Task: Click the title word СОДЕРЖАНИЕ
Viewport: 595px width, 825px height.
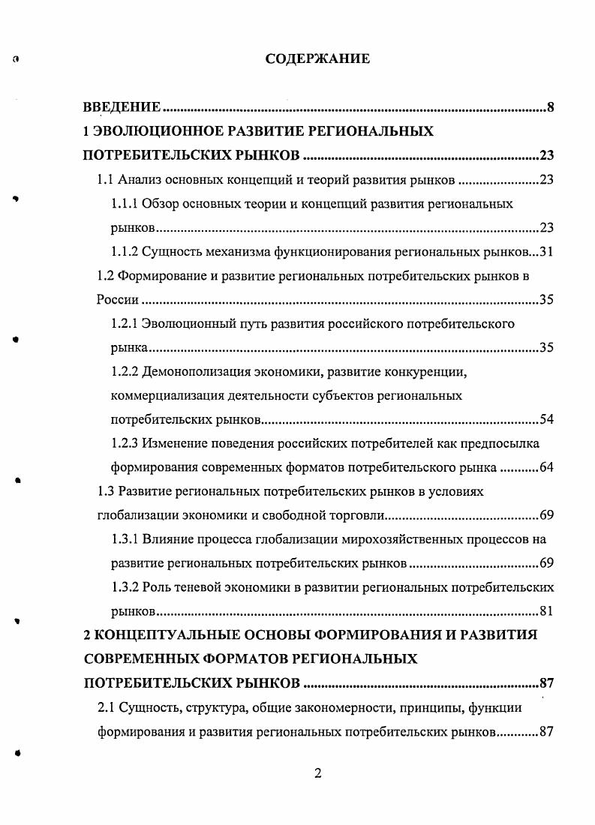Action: pyautogui.click(x=317, y=58)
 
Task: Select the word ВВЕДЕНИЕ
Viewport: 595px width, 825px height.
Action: pyautogui.click(x=121, y=109)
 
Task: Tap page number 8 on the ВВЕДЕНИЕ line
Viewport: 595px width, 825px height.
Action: pyautogui.click(x=550, y=109)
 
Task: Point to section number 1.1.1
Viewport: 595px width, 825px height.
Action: pyautogui.click(x=125, y=204)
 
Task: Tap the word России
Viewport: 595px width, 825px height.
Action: pyautogui.click(x=118, y=300)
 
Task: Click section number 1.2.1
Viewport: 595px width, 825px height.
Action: pyautogui.click(x=125, y=324)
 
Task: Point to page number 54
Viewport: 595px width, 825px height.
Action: pyautogui.click(x=545, y=419)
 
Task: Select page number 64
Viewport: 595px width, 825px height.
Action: pyautogui.click(x=545, y=468)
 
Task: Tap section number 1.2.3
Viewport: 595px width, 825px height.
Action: pyautogui.click(x=125, y=443)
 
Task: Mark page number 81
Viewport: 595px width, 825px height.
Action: pyautogui.click(x=545, y=611)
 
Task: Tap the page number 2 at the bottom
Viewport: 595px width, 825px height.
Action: pyautogui.click(x=317, y=774)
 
